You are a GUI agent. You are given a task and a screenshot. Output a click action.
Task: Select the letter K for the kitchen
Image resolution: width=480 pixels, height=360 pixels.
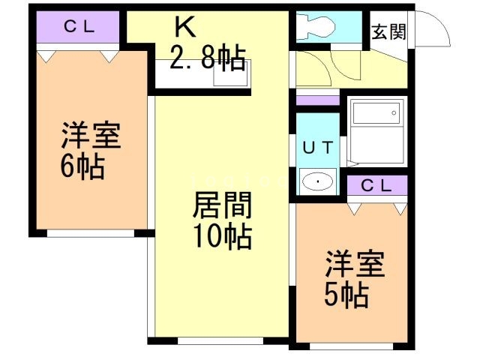pos(184,27)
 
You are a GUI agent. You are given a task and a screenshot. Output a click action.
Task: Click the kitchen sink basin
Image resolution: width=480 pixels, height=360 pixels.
pos(226,77)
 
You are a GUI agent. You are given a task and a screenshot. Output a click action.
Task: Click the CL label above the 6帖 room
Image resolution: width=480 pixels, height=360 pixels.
pos(78,28)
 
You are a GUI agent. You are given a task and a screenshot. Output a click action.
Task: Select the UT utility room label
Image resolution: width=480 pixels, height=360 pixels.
pos(318,147)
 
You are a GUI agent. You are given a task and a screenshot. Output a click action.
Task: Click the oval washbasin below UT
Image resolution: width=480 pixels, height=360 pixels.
pos(318,181)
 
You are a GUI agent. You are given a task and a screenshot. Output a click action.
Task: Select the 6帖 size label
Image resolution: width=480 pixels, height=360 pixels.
pos(82,166)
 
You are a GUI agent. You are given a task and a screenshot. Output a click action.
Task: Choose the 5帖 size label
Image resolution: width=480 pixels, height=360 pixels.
pos(346,295)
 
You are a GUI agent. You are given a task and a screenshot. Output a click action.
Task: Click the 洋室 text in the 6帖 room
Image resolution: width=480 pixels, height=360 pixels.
pos(90,137)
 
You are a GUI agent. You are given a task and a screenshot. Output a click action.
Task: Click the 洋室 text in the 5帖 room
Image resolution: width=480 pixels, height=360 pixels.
pos(354,265)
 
